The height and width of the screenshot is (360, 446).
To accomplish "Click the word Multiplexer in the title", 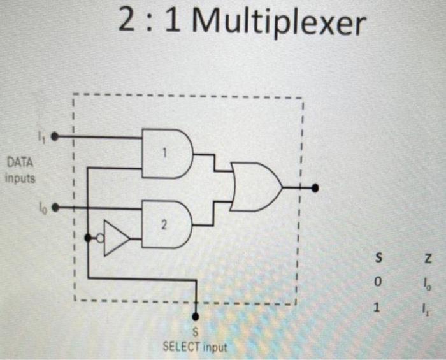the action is pos(278,24).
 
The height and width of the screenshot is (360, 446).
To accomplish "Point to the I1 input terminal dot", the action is pos(55,136).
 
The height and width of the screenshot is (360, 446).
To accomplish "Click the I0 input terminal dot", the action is pos(55,207).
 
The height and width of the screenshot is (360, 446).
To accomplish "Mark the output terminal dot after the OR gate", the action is pos(315,188).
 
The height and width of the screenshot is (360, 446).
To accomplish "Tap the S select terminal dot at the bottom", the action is pos(196,317).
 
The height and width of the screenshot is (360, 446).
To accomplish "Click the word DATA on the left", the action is pos(21,164).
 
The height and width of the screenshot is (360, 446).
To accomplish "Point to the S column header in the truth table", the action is pos(378,257).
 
